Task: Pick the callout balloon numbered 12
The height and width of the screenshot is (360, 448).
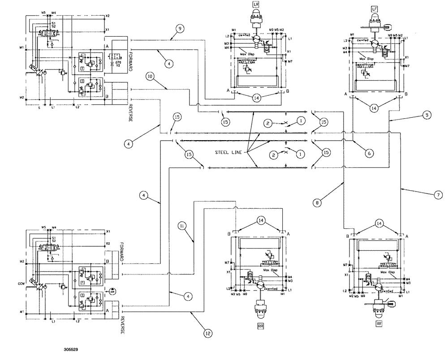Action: coord(207,333)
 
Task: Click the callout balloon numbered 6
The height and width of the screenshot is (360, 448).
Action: coord(369,153)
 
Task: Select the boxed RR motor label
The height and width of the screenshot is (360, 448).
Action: coord(260,326)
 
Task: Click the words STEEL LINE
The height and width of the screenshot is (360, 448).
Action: coord(228,153)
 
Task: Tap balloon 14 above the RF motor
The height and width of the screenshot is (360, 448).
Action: coord(379,223)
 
